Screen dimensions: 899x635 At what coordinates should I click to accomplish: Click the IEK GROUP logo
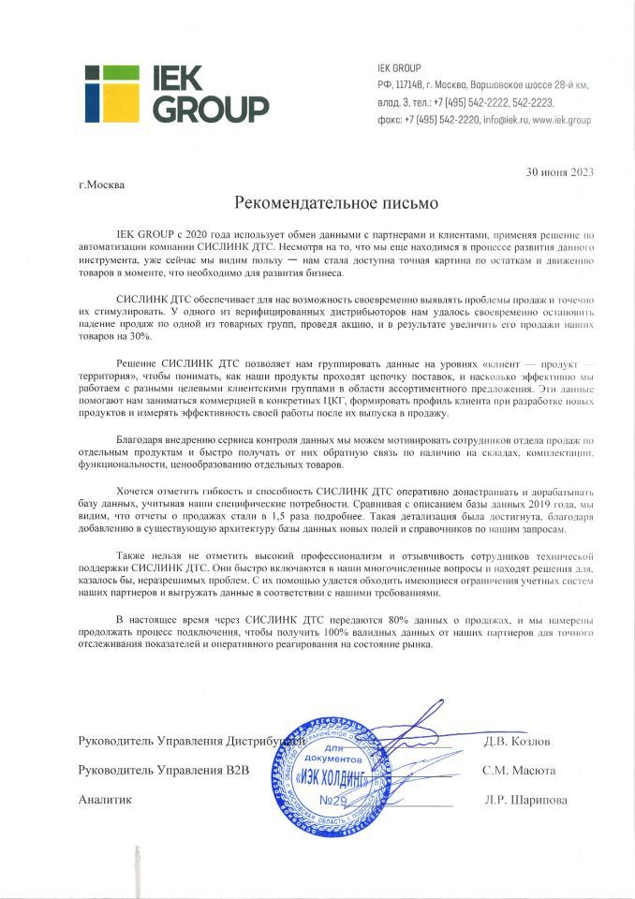pyautogui.click(x=176, y=95)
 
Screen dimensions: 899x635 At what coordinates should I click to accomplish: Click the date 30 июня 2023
pyautogui.click(x=559, y=171)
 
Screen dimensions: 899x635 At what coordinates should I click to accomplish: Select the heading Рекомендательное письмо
pyautogui.click(x=334, y=202)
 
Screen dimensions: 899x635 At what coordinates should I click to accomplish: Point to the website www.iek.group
pyautogui.click(x=562, y=121)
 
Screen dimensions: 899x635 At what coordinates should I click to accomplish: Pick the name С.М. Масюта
pyautogui.click(x=520, y=771)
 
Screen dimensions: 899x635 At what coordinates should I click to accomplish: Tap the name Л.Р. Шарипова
pyautogui.click(x=525, y=801)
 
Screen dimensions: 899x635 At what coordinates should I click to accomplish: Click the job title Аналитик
pyautogui.click(x=105, y=801)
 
